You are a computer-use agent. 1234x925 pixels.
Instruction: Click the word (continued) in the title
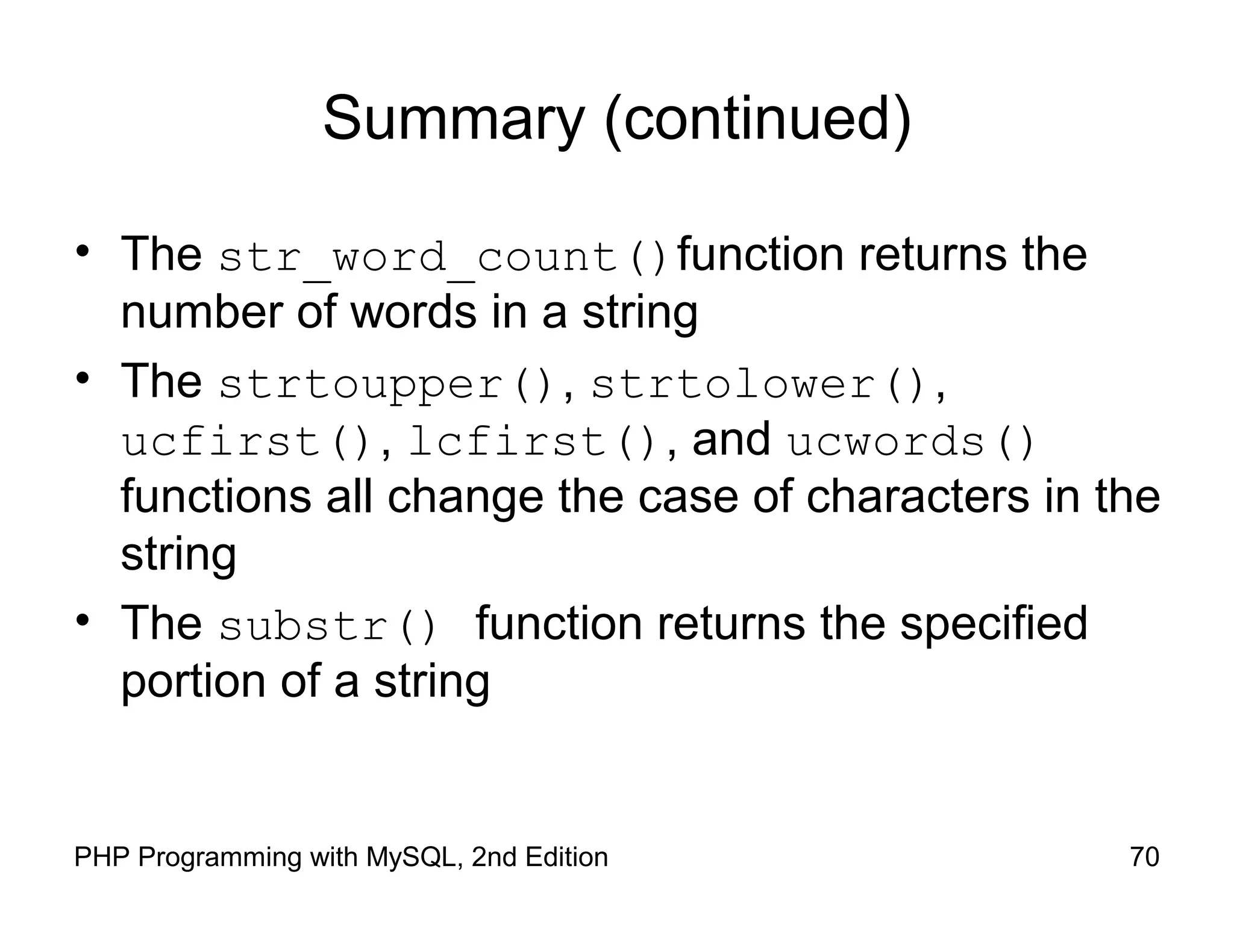758,119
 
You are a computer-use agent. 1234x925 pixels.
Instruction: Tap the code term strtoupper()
386,384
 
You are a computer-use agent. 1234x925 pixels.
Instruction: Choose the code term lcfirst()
533,441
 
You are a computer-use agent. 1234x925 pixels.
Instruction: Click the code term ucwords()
910,441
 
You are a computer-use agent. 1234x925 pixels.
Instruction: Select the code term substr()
327,626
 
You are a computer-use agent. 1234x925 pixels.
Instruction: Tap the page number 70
1144,857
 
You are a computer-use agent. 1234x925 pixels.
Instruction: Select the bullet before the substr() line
83,620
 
